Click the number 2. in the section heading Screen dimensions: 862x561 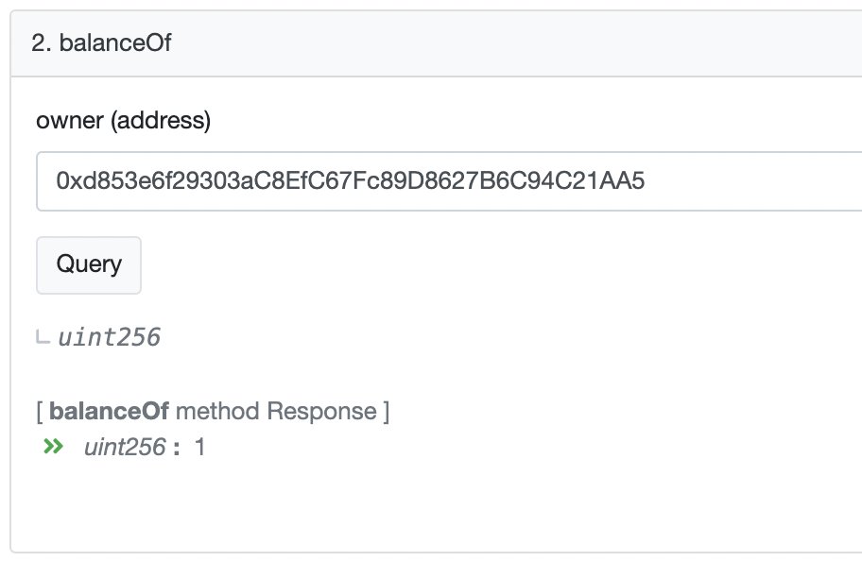click(42, 42)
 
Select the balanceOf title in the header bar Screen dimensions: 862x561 click(115, 42)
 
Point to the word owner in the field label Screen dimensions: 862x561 click(69, 120)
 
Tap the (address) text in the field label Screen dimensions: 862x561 click(161, 120)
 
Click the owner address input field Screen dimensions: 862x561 click(449, 181)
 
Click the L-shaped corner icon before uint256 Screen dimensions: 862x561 click(43, 336)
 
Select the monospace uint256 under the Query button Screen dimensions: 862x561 click(110, 337)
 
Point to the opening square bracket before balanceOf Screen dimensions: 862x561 click(40, 412)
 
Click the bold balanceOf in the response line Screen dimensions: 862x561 click(109, 411)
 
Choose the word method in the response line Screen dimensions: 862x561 click(217, 411)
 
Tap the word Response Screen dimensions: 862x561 click(321, 412)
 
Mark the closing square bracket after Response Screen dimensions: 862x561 click(386, 412)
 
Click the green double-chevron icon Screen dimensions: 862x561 click(53, 446)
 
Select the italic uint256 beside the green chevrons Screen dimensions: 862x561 click(125, 447)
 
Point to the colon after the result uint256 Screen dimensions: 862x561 click(176, 449)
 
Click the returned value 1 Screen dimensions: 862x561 click(199, 447)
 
